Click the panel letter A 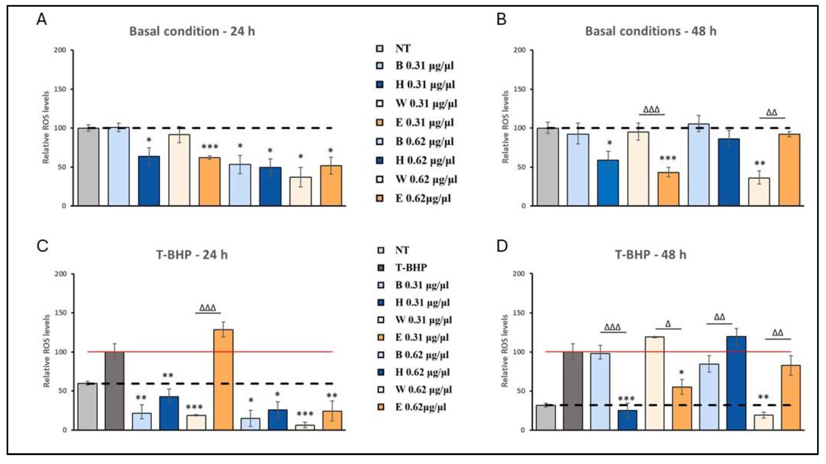click(x=42, y=20)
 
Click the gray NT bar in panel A click(x=89, y=167)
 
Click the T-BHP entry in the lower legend click(x=411, y=267)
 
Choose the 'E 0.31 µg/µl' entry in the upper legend click(x=424, y=123)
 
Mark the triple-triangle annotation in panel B click(x=652, y=110)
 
